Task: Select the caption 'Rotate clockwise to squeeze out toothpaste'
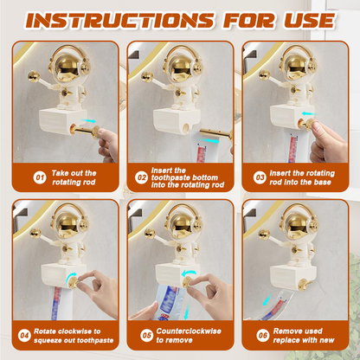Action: click(x=71, y=336)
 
